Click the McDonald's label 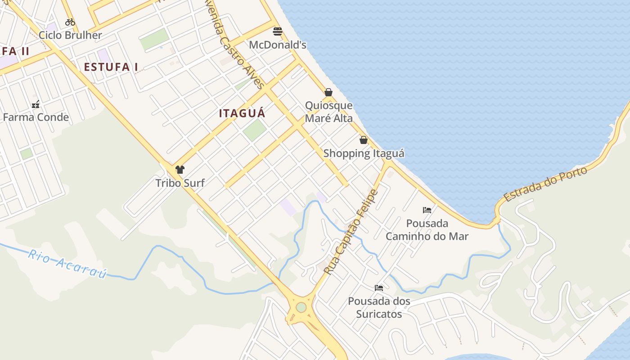coord(277,45)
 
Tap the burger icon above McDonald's coord(278,31)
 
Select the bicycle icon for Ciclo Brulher coord(70,22)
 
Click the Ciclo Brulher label coord(70,35)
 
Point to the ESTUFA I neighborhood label coord(111,67)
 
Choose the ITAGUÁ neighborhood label coord(242,113)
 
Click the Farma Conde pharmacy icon coord(36,104)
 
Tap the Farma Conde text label coord(36,117)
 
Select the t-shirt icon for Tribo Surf coord(180,170)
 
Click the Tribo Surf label coord(180,183)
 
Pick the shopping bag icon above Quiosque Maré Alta coord(328,92)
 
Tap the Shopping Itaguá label coord(364,153)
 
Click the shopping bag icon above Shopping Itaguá coord(364,140)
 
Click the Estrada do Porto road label coord(545,184)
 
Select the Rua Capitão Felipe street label coord(351,232)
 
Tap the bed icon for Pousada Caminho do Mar coord(427,210)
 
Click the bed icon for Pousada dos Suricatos coord(379,288)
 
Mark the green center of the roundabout coord(301,307)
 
